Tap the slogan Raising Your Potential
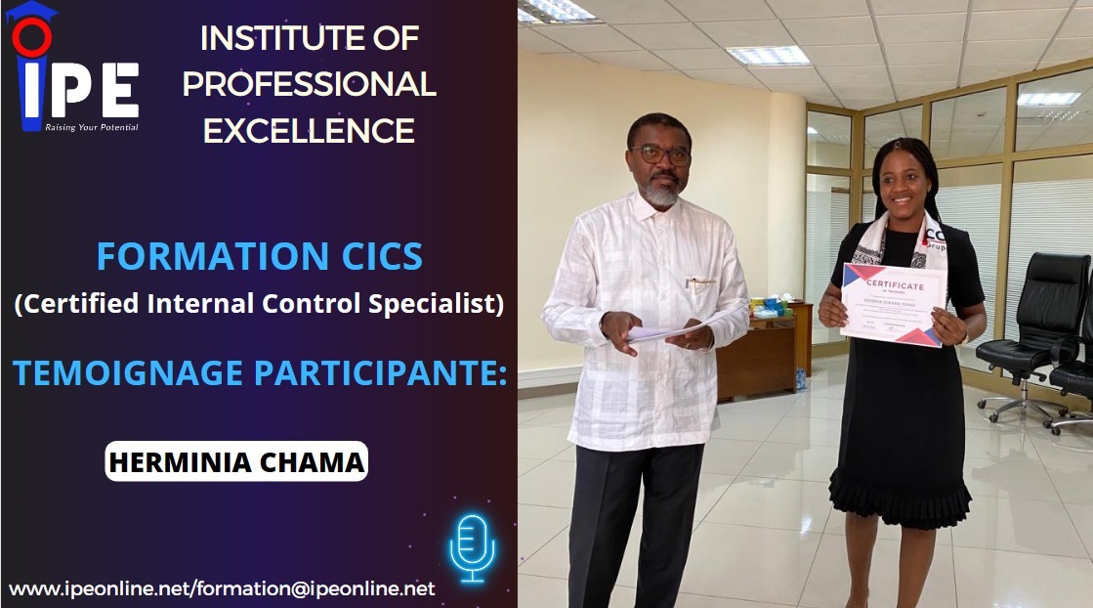tap(92, 127)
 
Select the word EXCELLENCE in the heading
tap(309, 130)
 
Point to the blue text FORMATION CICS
tap(260, 257)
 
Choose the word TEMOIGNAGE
tap(122, 372)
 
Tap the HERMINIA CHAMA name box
tap(236, 460)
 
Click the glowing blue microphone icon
tap(472, 547)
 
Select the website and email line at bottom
tap(222, 588)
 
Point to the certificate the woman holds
tap(894, 304)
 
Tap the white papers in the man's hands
tap(664, 332)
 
